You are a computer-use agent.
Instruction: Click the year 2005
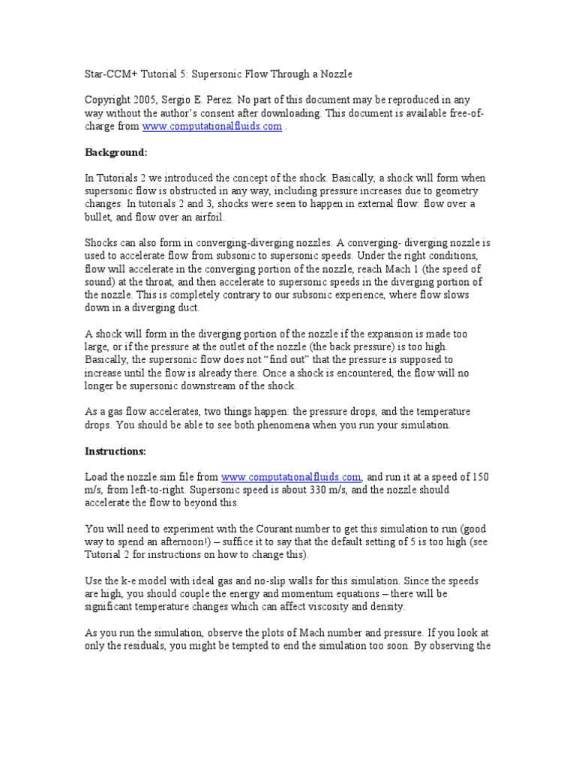point(150,100)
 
